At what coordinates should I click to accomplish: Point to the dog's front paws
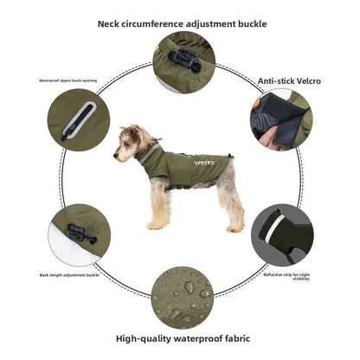156,224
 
